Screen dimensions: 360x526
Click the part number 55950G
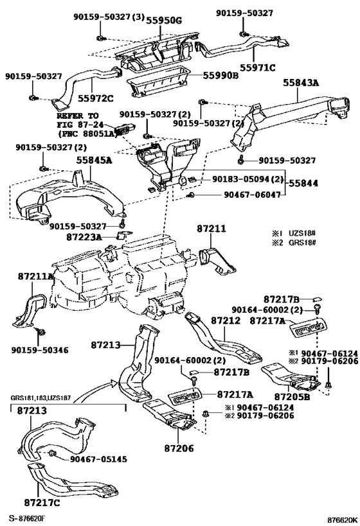click(164, 21)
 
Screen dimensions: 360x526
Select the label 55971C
click(258, 68)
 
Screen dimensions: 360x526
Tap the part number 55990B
click(221, 76)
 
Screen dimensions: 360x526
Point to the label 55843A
click(300, 82)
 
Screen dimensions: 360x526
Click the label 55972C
click(96, 98)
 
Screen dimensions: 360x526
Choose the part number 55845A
click(94, 161)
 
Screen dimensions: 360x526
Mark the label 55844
click(303, 183)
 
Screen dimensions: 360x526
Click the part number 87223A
click(84, 237)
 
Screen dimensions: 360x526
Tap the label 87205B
click(292, 397)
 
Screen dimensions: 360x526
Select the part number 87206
click(179, 448)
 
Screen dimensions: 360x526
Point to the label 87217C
click(42, 502)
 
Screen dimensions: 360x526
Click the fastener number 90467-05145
click(98, 459)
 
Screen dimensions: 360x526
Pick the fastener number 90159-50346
click(40, 350)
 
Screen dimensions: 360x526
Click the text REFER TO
click(77, 116)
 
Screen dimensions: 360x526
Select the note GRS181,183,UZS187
click(40, 398)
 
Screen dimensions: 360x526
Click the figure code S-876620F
click(26, 519)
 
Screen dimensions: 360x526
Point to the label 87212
click(226, 320)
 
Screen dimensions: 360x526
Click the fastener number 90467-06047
click(252, 195)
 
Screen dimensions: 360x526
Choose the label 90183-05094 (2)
click(248, 179)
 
